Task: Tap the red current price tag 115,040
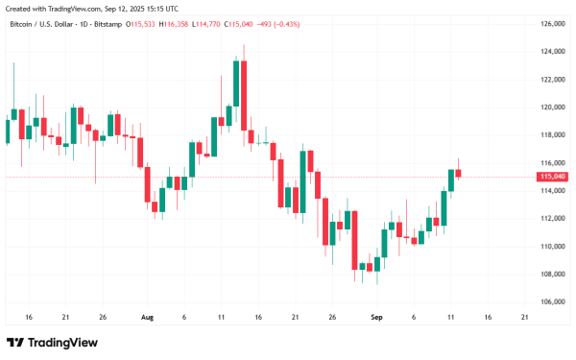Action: click(551, 177)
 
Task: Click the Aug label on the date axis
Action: click(147, 316)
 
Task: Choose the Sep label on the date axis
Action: click(377, 316)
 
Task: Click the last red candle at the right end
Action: click(459, 173)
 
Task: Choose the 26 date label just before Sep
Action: click(331, 316)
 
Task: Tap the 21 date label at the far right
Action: click(524, 316)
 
